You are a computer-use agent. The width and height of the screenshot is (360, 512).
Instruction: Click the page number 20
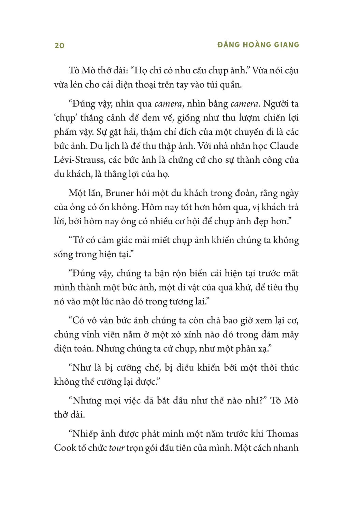(59, 45)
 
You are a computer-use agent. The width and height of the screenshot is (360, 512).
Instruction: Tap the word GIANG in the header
(287, 45)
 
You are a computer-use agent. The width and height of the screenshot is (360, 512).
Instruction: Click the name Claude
(284, 146)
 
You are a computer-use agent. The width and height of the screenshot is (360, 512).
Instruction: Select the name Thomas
(282, 433)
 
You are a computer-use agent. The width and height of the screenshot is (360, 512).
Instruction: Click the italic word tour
(117, 448)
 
